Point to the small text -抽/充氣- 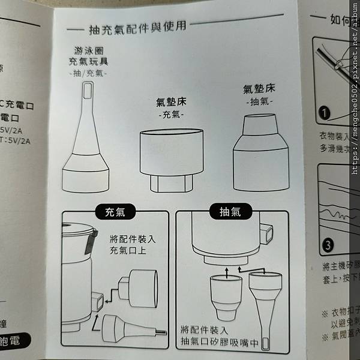pyautogui.click(x=88, y=73)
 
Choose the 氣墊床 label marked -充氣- pyautogui.click(x=170, y=103)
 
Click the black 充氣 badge pyautogui.click(x=116, y=212)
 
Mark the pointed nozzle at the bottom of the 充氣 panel pyautogui.click(x=126, y=329)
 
